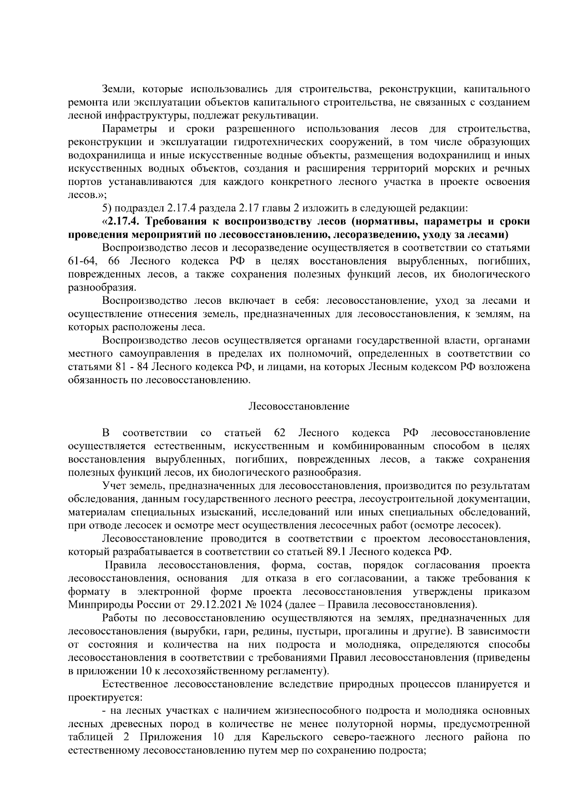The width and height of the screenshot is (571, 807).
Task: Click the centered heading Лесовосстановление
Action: click(299, 407)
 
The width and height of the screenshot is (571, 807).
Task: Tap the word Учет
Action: click(114, 486)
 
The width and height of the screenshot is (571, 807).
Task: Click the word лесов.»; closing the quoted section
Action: click(83, 195)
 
